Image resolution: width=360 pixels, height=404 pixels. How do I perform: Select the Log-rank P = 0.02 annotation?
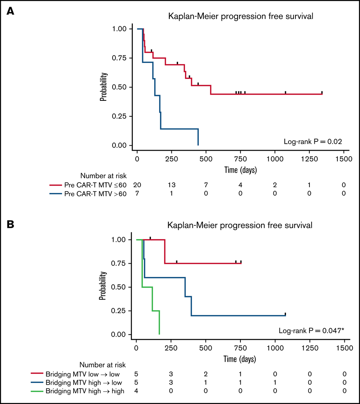point(313,141)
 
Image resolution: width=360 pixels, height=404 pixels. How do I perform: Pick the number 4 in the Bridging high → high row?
point(136,390)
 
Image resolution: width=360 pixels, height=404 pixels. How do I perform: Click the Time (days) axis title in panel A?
point(240,169)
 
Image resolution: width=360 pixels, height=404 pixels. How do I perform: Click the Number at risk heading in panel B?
point(102,365)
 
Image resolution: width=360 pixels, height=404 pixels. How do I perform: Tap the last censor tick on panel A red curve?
point(322,92)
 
